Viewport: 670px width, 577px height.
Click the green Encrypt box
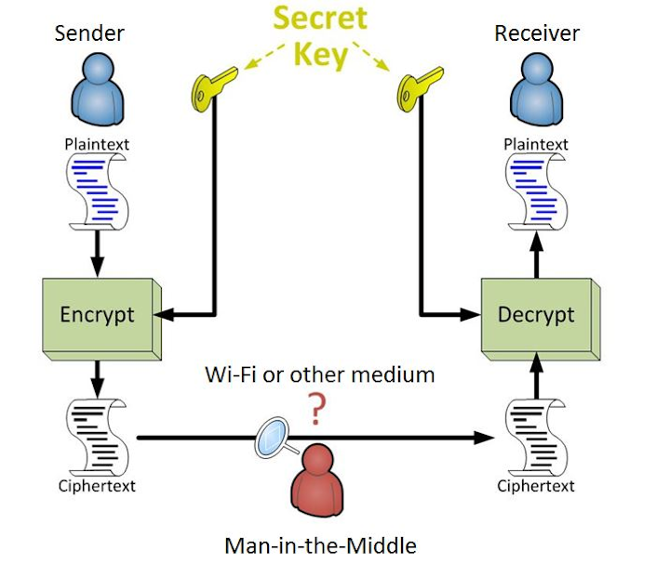[x=97, y=314]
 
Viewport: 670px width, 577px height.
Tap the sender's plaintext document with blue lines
[x=98, y=191]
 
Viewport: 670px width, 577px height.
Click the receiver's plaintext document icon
[x=535, y=191]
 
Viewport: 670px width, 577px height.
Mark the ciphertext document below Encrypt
[x=98, y=437]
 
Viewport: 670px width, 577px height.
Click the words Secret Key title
[x=320, y=37]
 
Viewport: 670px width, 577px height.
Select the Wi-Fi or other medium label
[x=319, y=374]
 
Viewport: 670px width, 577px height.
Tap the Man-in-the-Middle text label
[x=319, y=544]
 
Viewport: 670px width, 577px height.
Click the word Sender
[x=89, y=33]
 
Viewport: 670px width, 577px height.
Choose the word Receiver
[x=537, y=33]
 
